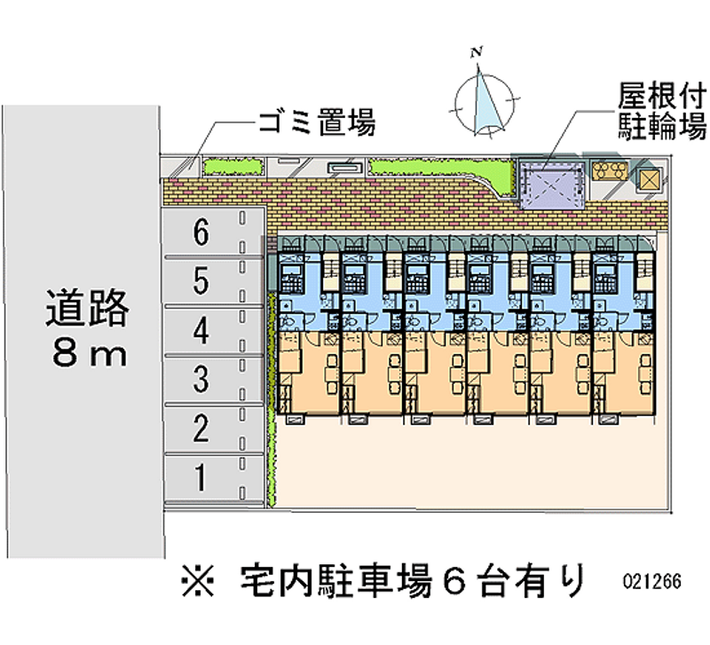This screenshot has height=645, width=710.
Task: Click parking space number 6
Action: coord(213,232)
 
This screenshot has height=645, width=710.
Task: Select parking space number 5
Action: coord(213,281)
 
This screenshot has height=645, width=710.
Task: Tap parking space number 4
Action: coord(213,330)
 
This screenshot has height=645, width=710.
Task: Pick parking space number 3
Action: coord(213,380)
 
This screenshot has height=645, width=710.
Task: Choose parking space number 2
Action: coord(213,429)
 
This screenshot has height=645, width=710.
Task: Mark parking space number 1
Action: coord(213,478)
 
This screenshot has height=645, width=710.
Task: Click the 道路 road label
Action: coord(87,308)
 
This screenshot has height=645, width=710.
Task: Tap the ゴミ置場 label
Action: coord(317,122)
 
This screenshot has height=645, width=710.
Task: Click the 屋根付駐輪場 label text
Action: coord(662,111)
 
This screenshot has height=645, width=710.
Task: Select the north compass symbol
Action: coord(485,102)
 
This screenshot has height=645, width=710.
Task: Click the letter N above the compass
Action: coord(476,53)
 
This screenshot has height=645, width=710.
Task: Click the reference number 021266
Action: coord(652,581)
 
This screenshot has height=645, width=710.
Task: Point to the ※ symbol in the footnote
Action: coord(197,580)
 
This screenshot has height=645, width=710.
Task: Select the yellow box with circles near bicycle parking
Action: coord(611,170)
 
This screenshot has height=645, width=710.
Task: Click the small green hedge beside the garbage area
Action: coord(233,166)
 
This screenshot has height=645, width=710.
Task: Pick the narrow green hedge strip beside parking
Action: coord(272,399)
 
